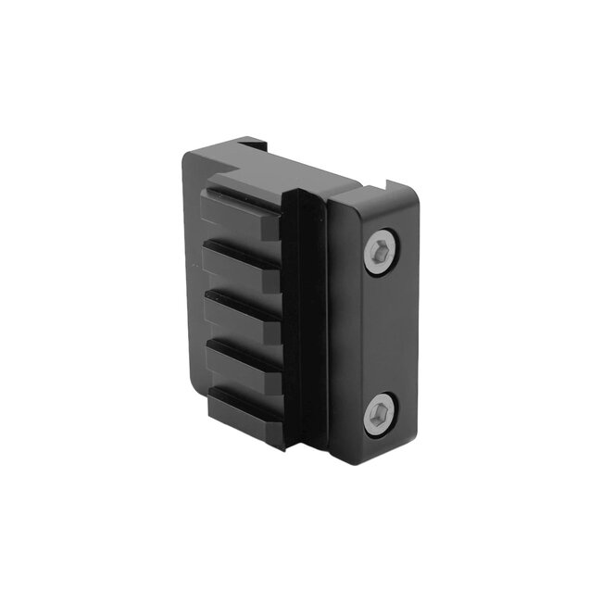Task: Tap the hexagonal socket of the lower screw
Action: [380, 414]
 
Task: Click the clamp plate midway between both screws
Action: [380, 333]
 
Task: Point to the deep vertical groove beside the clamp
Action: [306, 324]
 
